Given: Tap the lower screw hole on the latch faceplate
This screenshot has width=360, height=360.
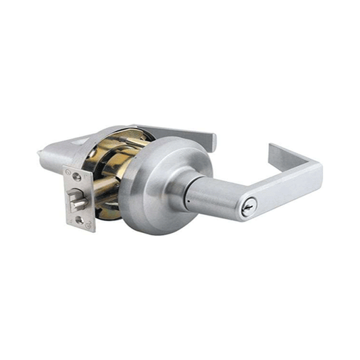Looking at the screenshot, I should [80, 220].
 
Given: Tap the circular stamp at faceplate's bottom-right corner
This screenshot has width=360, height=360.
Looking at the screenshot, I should [88, 225].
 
